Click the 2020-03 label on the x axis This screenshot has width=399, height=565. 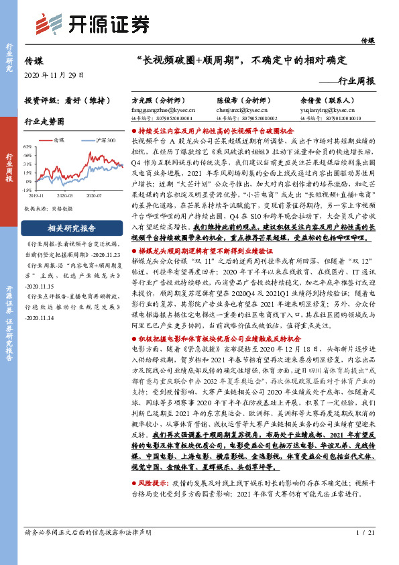(x=65, y=195)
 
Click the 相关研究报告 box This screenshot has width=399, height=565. (x=69, y=228)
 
